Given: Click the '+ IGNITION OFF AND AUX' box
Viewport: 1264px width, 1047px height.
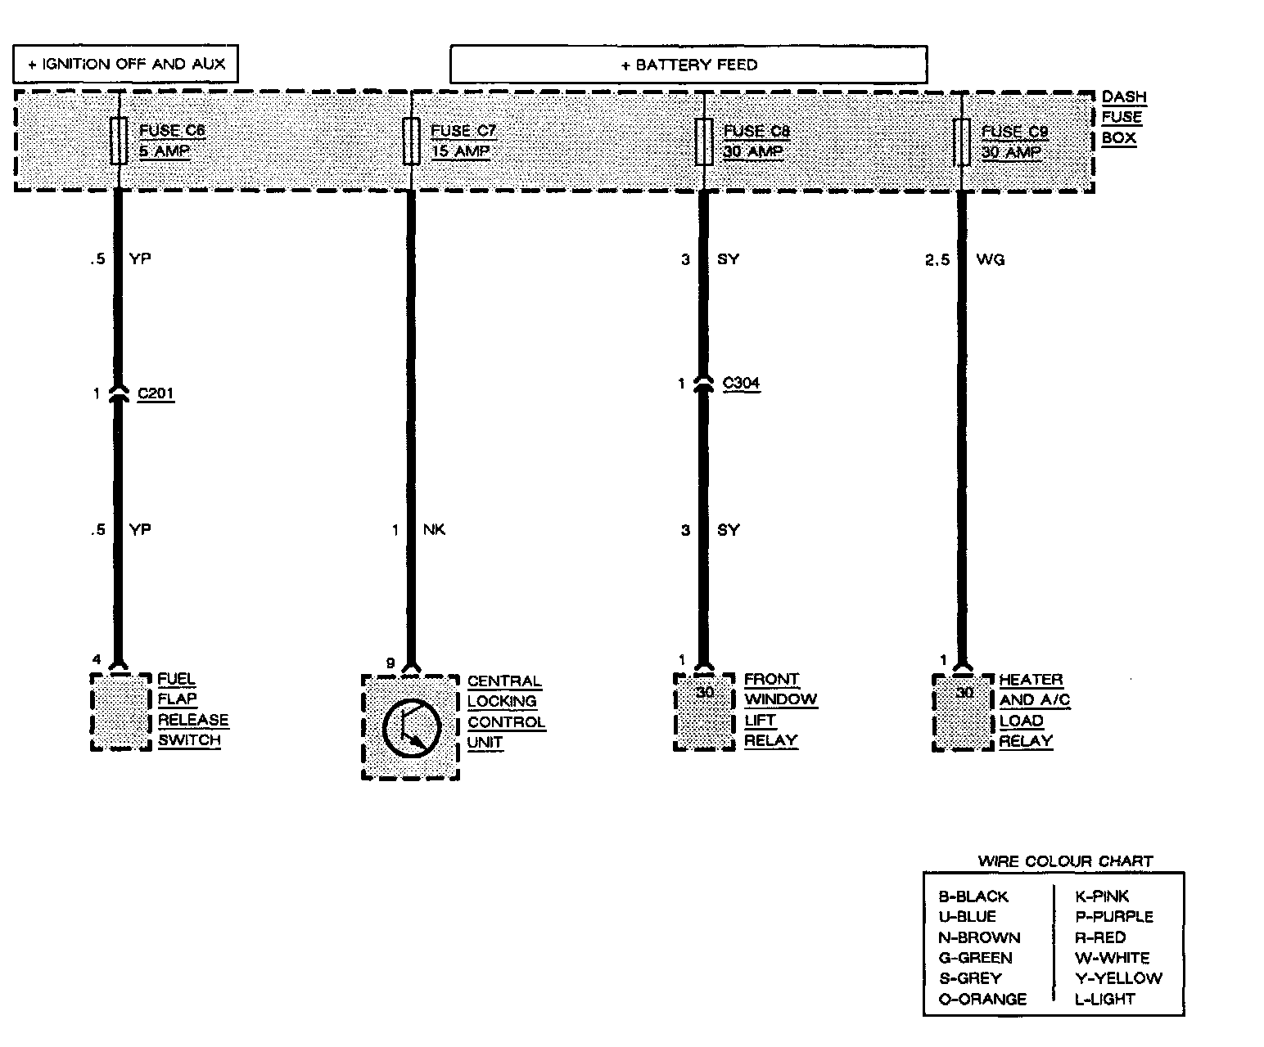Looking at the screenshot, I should [x=125, y=64].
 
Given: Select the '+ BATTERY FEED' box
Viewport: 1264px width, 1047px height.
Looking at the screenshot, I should [x=688, y=65].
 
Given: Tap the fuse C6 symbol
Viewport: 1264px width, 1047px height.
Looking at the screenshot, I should [x=119, y=141].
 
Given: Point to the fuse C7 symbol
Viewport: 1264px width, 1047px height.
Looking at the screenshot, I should [x=411, y=142].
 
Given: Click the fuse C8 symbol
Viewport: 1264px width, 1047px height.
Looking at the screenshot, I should [x=703, y=142].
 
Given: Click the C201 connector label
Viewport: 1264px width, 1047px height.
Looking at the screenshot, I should [x=156, y=394].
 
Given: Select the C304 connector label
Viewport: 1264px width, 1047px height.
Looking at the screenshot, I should [x=741, y=383].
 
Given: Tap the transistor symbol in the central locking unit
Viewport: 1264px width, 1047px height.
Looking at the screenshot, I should [x=411, y=727].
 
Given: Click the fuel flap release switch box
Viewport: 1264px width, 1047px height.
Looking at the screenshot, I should [x=120, y=712].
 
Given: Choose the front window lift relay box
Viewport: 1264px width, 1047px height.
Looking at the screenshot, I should [x=704, y=712].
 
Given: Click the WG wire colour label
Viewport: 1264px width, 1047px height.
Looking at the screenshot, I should [x=991, y=259].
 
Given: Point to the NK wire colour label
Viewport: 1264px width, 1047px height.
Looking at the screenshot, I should [x=434, y=530].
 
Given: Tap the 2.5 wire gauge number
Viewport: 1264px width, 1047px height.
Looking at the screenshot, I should [x=937, y=259].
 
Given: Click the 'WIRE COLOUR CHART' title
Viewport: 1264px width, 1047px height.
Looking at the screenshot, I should [x=1065, y=861].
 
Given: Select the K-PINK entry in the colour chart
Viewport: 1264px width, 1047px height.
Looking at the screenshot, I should [x=1102, y=896].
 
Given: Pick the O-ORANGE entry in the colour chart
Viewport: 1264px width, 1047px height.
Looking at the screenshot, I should [x=982, y=999].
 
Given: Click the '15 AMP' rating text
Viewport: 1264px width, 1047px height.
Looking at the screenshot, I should [x=460, y=151].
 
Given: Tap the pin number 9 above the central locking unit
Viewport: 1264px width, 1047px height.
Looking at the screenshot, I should [x=390, y=663].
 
